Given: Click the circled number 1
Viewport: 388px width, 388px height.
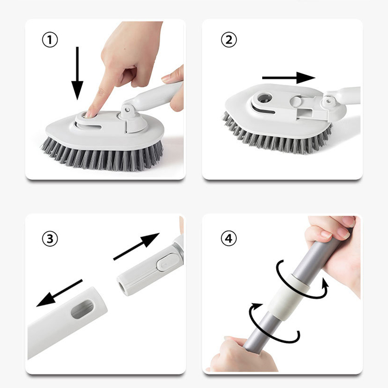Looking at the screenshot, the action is [x=50, y=40].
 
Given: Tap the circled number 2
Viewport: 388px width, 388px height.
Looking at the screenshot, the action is [x=229, y=40].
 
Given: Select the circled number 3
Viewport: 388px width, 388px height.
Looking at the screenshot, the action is [x=50, y=239].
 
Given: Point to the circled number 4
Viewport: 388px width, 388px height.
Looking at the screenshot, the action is [x=229, y=239].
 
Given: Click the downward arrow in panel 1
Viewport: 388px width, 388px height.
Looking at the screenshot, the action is [x=78, y=73].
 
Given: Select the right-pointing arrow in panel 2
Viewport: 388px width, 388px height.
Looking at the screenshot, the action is [x=289, y=78].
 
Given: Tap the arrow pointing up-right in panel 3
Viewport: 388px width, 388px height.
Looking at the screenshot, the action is [x=136, y=246].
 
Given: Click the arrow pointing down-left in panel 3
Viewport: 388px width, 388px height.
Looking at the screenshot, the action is [x=59, y=293].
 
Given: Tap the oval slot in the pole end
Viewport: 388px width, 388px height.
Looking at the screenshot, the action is [x=82, y=309].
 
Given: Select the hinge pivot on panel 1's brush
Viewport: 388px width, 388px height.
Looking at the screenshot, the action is [x=128, y=109].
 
